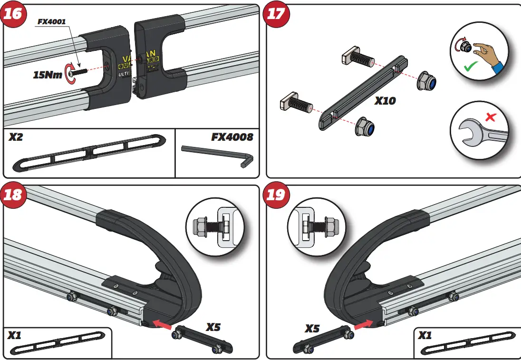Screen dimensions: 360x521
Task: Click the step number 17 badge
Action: click(x=276, y=14)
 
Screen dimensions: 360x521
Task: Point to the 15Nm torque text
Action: click(x=48, y=75)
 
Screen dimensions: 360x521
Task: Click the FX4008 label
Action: click(x=232, y=137)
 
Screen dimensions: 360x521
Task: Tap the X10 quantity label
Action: click(x=385, y=101)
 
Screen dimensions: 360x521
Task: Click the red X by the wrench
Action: click(x=490, y=117)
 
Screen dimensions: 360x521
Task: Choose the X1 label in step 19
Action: click(x=425, y=335)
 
